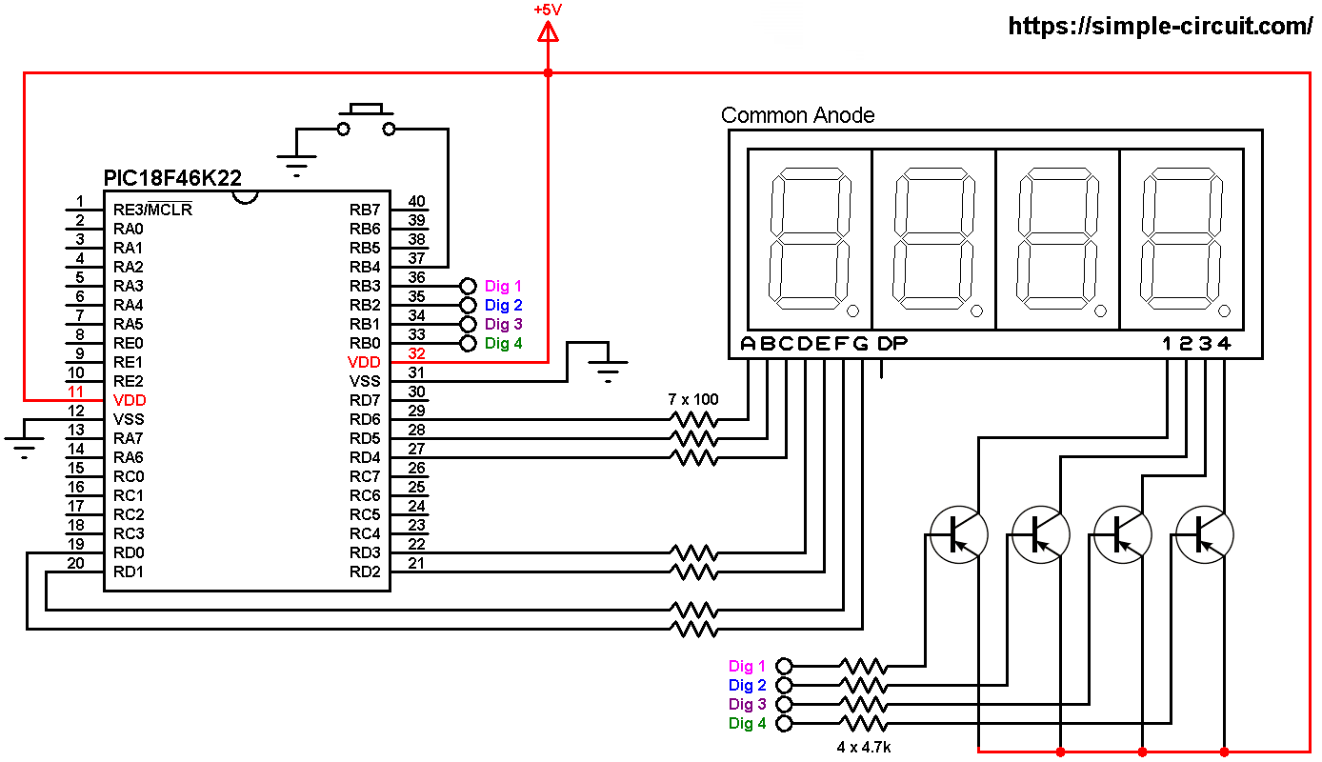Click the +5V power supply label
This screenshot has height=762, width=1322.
click(x=548, y=10)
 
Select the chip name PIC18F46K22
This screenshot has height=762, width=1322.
click(x=171, y=178)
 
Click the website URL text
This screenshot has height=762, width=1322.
click(x=1160, y=27)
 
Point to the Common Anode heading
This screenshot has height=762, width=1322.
click(x=797, y=115)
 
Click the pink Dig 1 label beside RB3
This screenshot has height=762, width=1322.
click(x=503, y=286)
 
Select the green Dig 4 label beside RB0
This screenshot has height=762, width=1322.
click(x=503, y=343)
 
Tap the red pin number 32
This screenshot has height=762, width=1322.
click(x=416, y=353)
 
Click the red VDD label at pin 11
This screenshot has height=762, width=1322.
click(x=129, y=400)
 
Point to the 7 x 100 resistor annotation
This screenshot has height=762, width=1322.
click(x=693, y=399)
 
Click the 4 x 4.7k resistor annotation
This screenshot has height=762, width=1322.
click(x=864, y=747)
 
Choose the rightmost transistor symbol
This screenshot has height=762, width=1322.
click(x=1205, y=534)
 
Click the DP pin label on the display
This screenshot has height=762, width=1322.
click(x=891, y=343)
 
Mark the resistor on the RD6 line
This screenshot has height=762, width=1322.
click(x=693, y=419)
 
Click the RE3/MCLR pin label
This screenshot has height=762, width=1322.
click(x=152, y=210)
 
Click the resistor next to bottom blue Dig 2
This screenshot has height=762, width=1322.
click(x=862, y=685)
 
